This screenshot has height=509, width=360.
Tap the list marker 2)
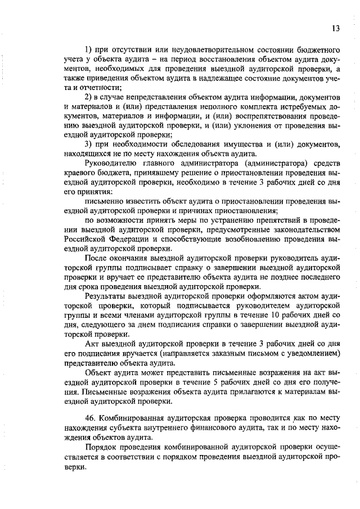coord(88,98)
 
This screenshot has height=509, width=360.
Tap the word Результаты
coord(105,295)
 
